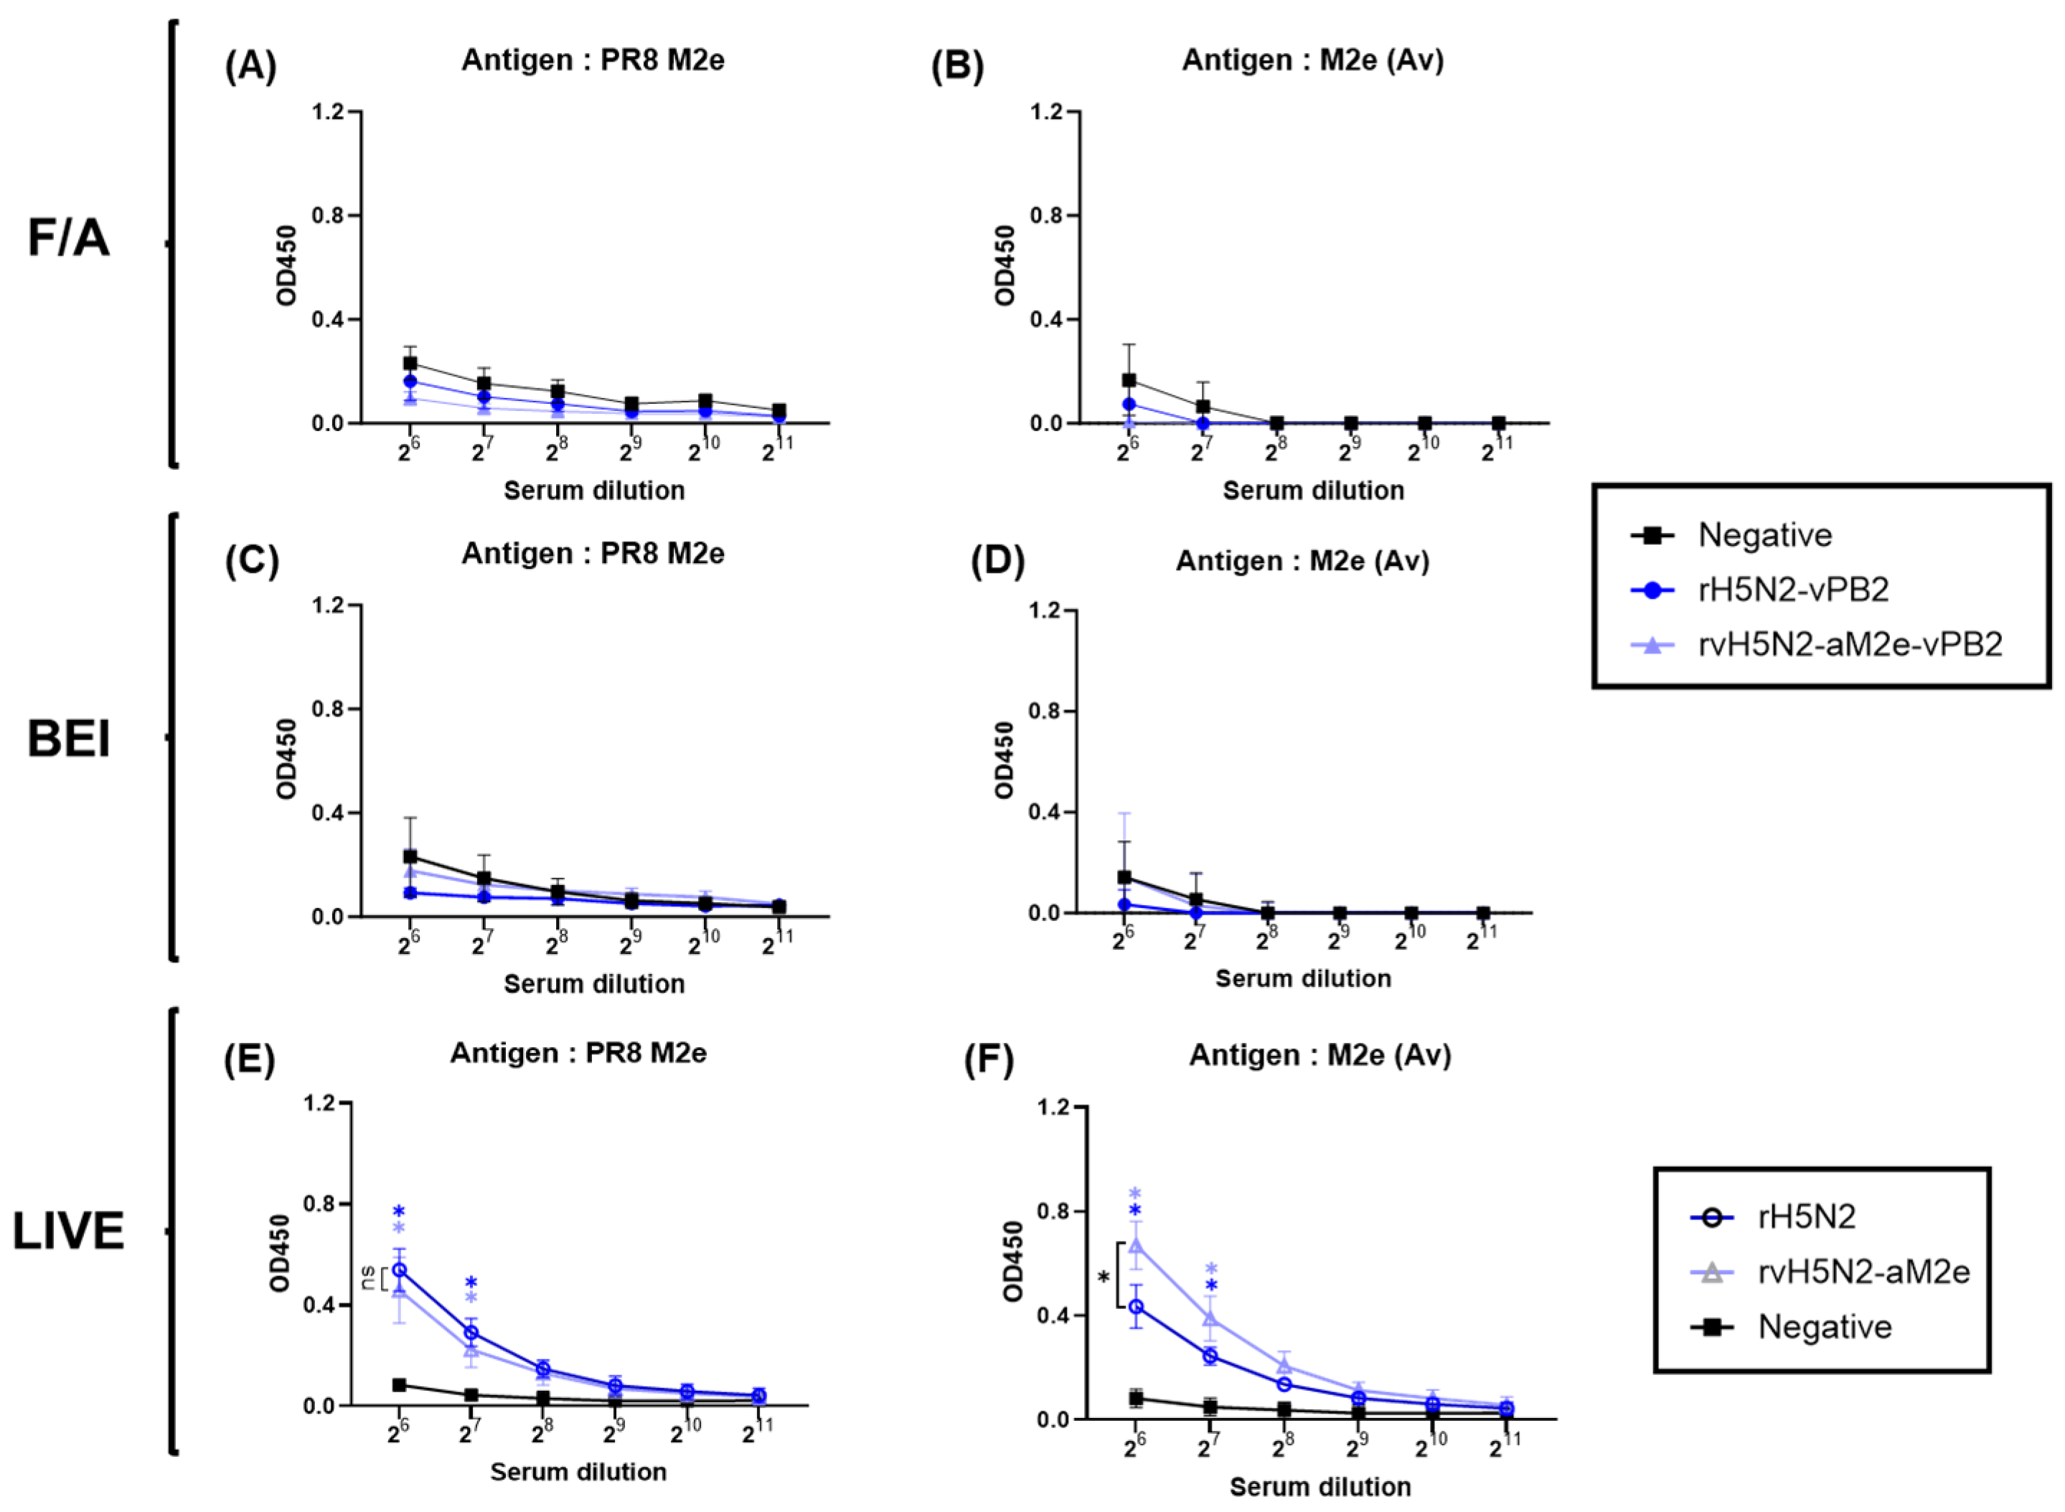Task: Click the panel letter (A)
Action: click(250, 67)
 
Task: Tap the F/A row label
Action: click(69, 238)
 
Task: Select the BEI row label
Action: click(69, 739)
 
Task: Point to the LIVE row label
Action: click(69, 1231)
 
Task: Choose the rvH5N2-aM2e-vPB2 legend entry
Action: click(1849, 644)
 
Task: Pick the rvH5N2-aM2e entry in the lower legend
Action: click(1863, 1271)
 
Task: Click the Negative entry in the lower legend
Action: click(1823, 1327)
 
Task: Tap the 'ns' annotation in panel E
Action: click(368, 1277)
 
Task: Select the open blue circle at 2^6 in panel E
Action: click(400, 1270)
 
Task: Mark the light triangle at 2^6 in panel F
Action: click(1135, 1244)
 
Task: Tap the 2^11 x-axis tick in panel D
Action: click(1480, 939)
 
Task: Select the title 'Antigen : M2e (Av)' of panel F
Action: click(1320, 1055)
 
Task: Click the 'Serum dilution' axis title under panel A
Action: click(594, 491)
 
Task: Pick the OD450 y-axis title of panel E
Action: click(280, 1253)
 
